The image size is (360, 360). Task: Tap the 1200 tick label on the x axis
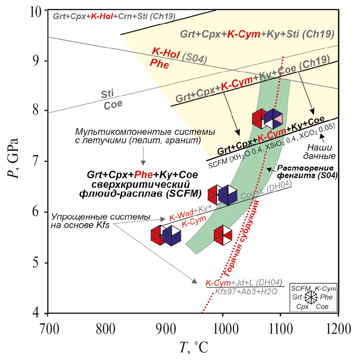339,329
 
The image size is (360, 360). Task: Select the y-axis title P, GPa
13,158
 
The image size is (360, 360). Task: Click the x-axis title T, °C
194,348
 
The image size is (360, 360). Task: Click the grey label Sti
107,94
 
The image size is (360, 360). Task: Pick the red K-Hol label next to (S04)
165,54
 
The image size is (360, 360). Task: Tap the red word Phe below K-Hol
159,64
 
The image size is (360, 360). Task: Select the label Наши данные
319,151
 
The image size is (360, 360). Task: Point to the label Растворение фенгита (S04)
307,172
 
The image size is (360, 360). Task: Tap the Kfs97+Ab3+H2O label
246,292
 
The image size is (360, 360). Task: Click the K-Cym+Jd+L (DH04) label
244,282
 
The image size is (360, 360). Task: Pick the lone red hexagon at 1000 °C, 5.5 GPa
223,235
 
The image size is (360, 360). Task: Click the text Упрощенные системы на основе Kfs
100,221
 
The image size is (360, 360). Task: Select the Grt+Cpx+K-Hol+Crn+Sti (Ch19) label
114,16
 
